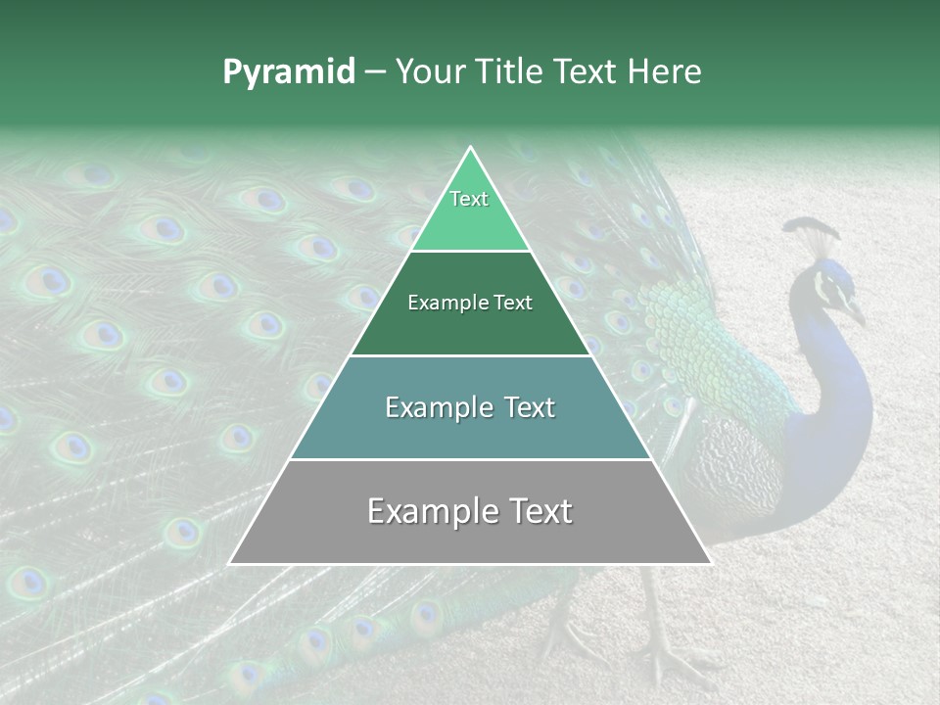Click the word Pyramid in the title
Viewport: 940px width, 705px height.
pyautogui.click(x=288, y=72)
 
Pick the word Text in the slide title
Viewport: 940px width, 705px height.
pyautogui.click(x=587, y=72)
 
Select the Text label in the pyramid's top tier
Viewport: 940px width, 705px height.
pyautogui.click(x=469, y=199)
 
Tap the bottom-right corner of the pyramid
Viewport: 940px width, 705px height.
pyautogui.click(x=709, y=563)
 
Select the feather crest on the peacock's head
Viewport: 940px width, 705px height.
pyautogui.click(x=812, y=234)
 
